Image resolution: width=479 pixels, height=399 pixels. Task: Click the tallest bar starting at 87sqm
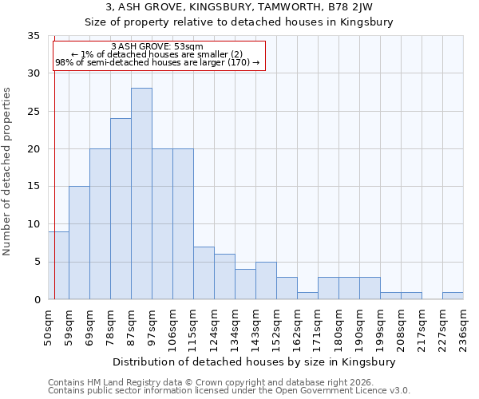pos(141,194)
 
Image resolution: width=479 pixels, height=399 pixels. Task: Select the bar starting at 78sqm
pos(121,209)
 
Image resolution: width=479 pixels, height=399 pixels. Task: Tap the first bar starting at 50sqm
pos(58,265)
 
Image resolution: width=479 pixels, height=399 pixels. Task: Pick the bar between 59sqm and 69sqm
pos(79,243)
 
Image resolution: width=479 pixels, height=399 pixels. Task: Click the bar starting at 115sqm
pos(204,273)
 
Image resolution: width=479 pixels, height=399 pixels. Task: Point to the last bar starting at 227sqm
pos(453,296)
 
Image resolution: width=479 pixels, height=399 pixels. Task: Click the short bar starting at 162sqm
pos(307,296)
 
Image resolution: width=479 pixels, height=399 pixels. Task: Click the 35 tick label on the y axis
pos(34,36)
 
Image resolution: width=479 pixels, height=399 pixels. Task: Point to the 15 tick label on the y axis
pos(34,187)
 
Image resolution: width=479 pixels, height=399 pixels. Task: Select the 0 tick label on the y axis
pos(37,300)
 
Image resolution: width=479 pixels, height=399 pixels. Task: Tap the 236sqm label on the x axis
pos(464,328)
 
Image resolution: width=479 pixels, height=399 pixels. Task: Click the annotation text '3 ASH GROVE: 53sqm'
pos(157,47)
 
